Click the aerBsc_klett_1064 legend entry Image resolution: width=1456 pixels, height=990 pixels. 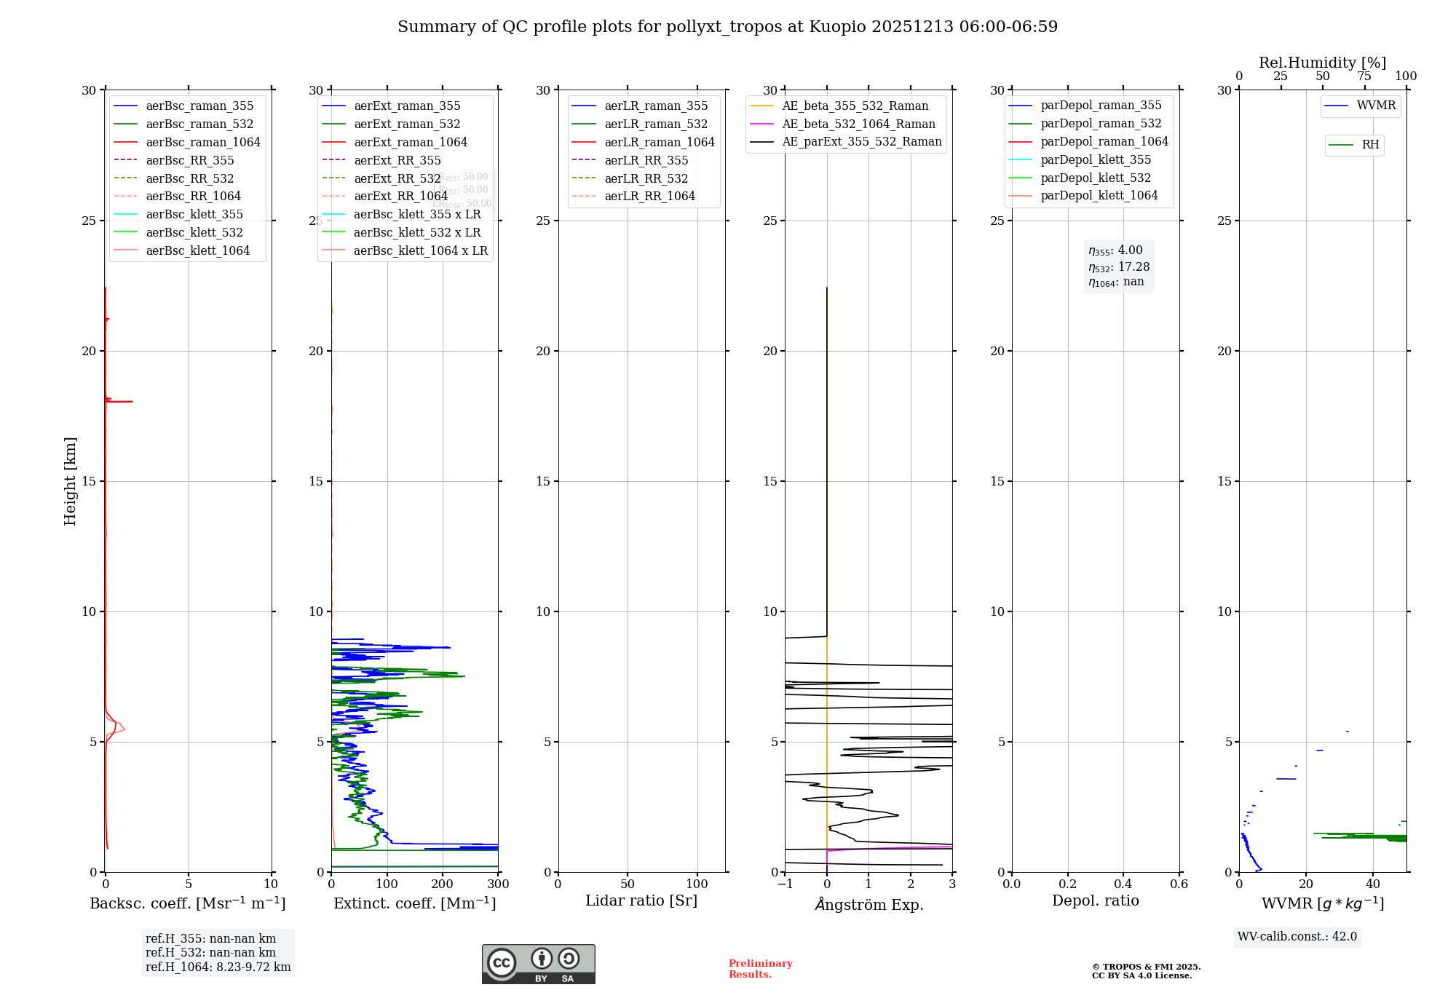tap(197, 250)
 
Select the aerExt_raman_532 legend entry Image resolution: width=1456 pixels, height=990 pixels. tap(407, 124)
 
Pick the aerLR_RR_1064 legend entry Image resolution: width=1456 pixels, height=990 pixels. tap(649, 196)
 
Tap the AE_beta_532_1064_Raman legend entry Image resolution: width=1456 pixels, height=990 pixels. tap(858, 124)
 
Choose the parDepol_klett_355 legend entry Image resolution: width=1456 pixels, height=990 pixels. tap(1096, 159)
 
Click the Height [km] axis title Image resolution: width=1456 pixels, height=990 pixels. tap(70, 481)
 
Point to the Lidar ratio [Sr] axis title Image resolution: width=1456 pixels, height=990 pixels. tap(641, 900)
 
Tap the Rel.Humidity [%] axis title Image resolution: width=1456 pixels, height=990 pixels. tap(1322, 63)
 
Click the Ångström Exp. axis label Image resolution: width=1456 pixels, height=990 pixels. tap(869, 904)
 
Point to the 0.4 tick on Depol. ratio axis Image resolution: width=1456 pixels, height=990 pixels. tap(1123, 884)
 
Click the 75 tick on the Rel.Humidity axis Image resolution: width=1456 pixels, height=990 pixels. tap(1364, 76)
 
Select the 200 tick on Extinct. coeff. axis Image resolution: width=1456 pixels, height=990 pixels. tap(443, 884)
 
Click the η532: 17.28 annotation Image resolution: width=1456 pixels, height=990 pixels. tap(1119, 267)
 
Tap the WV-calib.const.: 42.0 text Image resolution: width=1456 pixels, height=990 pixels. tap(1297, 936)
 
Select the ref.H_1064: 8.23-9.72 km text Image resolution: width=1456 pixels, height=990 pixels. tap(218, 967)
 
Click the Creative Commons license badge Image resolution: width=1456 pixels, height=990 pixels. tap(538, 964)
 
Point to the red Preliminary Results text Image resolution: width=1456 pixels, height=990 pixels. tap(760, 968)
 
